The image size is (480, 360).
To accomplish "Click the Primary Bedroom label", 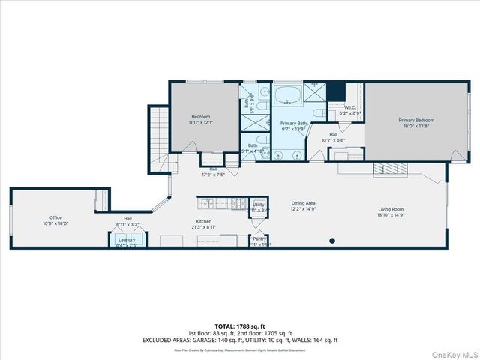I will (415, 120).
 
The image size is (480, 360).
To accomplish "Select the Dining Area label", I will (303, 203).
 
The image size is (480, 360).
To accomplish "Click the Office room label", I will (45, 217).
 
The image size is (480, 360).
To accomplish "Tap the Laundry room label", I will (127, 239).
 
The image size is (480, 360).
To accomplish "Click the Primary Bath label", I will (293, 123).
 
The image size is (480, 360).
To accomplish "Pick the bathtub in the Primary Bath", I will (285, 96).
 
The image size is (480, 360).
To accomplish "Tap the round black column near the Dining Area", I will (331, 241).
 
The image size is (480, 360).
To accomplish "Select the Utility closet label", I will (258, 204).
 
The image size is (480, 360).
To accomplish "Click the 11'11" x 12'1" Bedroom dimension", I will (200, 122).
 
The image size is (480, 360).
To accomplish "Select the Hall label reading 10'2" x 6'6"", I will (332, 139).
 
